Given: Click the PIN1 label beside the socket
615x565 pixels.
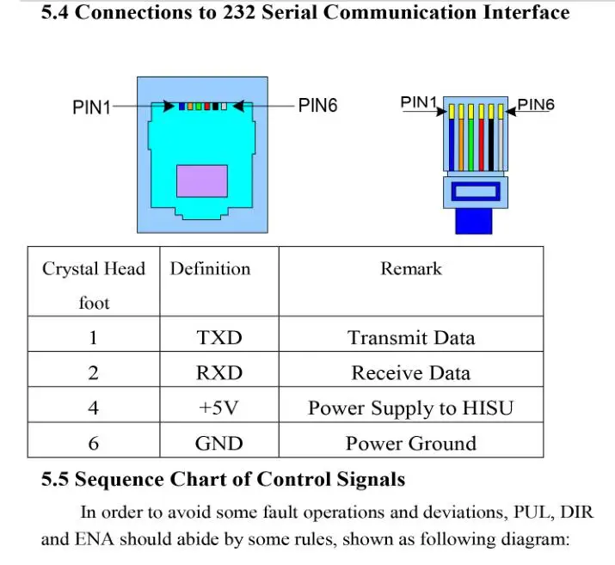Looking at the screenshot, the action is (91, 107).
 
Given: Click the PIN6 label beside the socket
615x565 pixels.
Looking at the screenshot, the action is (317, 106).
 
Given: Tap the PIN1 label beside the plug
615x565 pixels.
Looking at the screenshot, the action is (419, 102).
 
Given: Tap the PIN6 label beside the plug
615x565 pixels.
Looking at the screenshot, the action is (536, 105).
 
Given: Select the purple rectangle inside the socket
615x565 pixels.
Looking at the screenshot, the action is (202, 181).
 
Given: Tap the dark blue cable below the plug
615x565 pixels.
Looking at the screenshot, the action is (474, 221).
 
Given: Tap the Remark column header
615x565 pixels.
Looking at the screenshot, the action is (411, 269).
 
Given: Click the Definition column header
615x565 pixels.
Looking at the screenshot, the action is (210, 269).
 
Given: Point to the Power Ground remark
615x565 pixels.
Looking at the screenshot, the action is (411, 444).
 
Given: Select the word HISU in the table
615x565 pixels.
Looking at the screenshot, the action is (488, 408).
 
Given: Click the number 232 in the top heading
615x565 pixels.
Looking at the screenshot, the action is (239, 12).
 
